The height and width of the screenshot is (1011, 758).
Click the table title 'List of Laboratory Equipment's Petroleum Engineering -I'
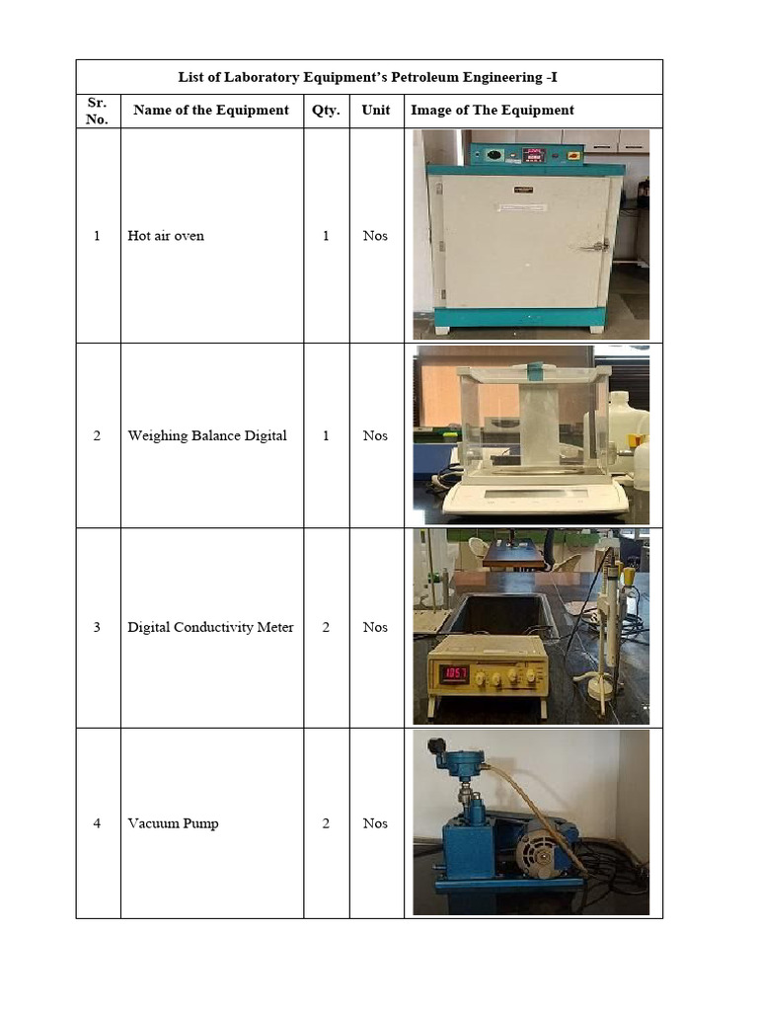(x=368, y=77)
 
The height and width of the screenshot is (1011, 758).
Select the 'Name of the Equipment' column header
(x=211, y=111)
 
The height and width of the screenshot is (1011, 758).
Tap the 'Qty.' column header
(x=326, y=111)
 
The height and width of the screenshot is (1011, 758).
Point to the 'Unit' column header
(x=375, y=111)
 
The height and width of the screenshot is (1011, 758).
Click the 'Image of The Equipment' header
(x=493, y=111)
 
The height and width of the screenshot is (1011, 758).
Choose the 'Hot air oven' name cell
(x=166, y=236)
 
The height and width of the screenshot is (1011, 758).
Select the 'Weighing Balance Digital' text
(x=207, y=435)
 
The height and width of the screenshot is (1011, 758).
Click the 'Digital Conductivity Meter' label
(x=210, y=627)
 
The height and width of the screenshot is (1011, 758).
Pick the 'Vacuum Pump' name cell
(x=173, y=823)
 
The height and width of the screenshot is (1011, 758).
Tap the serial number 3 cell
(x=97, y=627)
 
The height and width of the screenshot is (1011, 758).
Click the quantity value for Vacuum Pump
(x=326, y=823)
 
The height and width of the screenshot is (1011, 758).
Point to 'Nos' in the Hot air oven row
(x=375, y=236)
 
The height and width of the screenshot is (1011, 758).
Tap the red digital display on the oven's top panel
(x=534, y=155)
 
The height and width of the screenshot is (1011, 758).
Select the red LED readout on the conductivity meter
(x=454, y=675)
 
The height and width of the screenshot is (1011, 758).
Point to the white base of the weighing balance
(x=534, y=499)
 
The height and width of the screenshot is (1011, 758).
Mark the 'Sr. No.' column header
(x=97, y=111)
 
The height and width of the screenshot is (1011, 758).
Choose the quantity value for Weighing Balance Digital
(x=326, y=435)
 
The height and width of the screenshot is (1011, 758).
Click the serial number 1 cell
(x=97, y=236)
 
